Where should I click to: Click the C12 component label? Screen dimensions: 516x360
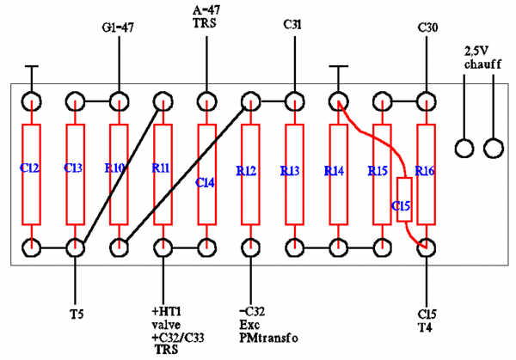coord(29,168)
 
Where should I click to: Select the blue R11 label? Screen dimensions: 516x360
coord(161,168)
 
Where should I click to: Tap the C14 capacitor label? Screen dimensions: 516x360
coord(205,182)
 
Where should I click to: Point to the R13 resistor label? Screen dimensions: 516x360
coord(290,171)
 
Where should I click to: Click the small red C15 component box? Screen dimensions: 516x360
coord(404,199)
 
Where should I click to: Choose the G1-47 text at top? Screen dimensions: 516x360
coord(118,27)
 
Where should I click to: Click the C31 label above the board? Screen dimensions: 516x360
coord(292,25)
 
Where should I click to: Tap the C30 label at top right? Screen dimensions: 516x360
coord(427,27)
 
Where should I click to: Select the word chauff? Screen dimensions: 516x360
coord(482,64)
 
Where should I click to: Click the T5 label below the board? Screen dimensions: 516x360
coord(77,314)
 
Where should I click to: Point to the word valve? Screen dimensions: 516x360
coord(166,325)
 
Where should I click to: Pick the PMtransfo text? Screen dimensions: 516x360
coord(268,338)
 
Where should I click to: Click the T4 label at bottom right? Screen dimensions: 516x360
coord(426,328)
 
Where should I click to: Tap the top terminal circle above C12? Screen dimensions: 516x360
coord(32,102)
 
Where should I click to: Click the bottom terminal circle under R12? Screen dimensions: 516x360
coord(251,248)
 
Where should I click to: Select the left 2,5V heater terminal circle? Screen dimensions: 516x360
coord(464,149)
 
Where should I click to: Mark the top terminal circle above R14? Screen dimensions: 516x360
coord(338,102)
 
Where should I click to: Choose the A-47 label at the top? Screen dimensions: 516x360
coord(206,9)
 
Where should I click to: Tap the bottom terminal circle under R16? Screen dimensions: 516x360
coord(427,248)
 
